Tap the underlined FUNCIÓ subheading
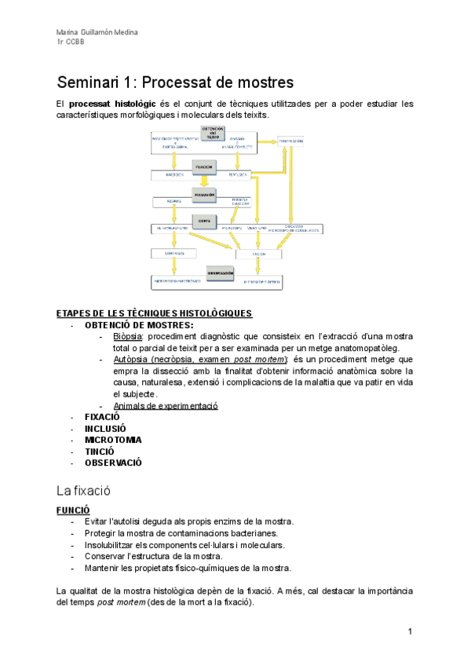[73, 509]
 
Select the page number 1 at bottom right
[410, 631]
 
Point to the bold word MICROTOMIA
[113, 440]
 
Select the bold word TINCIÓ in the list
[100, 452]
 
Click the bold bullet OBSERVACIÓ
[113, 463]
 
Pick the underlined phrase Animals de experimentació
[166, 405]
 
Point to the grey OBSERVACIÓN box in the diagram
[221, 273]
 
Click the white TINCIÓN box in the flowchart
[258, 254]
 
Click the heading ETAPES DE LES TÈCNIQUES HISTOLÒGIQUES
[154, 313]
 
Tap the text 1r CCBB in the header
[71, 42]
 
